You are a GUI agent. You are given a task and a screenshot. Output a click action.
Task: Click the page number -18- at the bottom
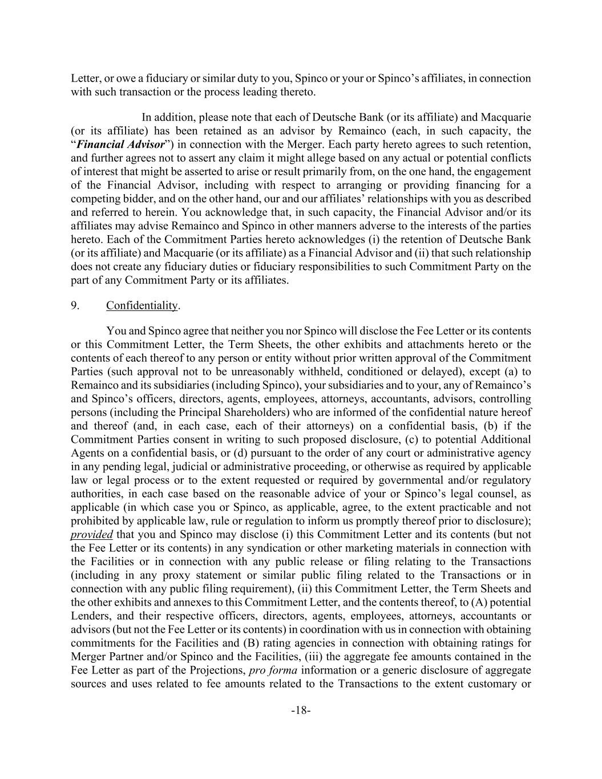pyautogui.click(x=301, y=711)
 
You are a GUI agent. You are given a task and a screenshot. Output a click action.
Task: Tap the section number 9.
pyautogui.click(x=75, y=305)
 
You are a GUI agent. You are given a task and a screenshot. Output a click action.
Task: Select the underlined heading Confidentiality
pyautogui.click(x=142, y=305)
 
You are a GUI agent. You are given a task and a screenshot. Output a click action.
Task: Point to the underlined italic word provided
pyautogui.click(x=91, y=535)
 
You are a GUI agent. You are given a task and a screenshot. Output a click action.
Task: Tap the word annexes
pyautogui.click(x=143, y=602)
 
